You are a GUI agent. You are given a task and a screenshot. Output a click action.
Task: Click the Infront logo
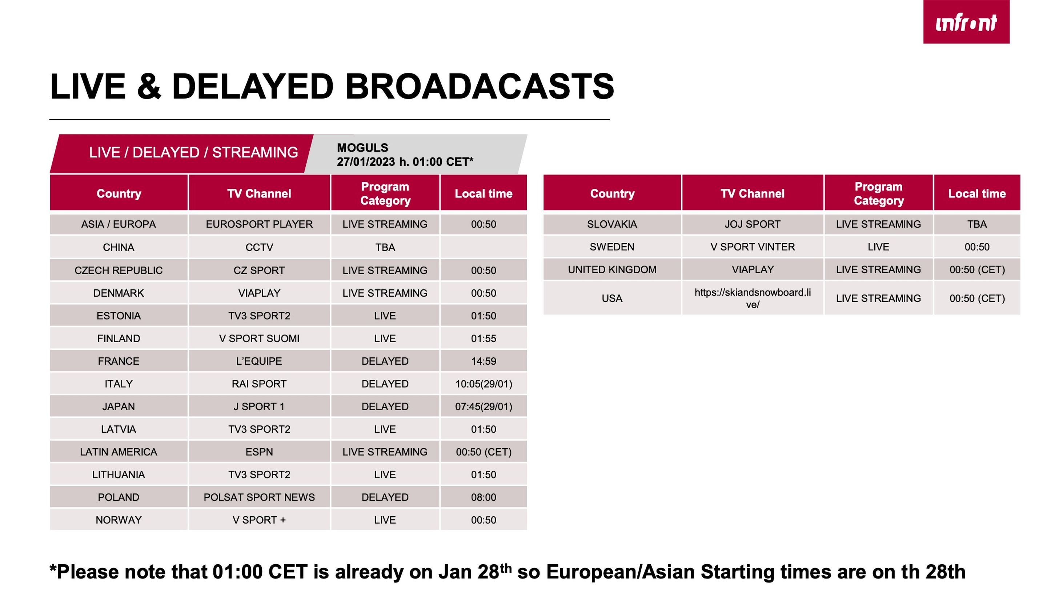[966, 21]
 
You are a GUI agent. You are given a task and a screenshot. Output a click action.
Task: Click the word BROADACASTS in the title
[480, 87]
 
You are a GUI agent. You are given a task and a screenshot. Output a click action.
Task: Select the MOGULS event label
[362, 148]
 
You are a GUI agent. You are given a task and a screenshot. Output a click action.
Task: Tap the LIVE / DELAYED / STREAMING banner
[193, 152]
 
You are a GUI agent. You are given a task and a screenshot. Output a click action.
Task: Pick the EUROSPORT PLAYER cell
[259, 224]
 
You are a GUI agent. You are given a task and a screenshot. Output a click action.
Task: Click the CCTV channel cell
[259, 247]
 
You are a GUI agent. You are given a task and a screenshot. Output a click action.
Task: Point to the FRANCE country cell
[119, 361]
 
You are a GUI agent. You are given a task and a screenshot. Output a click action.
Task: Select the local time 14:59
[484, 361]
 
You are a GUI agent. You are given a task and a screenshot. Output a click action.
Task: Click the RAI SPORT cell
[259, 384]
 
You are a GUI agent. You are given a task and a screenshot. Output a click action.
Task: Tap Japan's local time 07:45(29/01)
[484, 406]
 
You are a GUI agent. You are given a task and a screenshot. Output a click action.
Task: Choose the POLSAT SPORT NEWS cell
[259, 497]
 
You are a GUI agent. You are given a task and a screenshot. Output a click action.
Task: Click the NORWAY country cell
[119, 520]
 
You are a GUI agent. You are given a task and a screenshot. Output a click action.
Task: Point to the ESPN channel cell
[259, 452]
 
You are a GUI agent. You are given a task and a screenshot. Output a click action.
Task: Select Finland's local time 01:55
[484, 338]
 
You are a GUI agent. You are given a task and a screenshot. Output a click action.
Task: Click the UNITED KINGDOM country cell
[612, 269]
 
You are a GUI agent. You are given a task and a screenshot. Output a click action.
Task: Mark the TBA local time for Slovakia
[977, 224]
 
